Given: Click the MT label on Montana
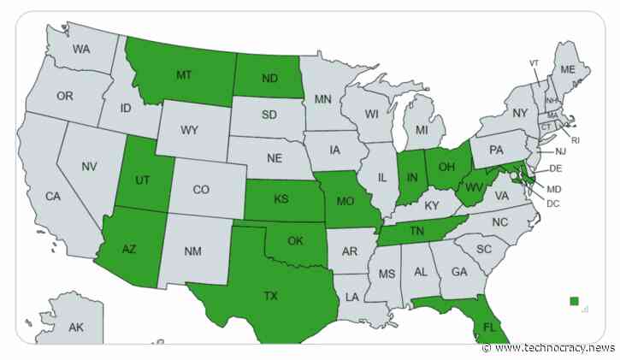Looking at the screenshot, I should click(183, 76).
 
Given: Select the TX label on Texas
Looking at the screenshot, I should click(270, 296).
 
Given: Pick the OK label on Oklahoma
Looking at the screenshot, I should click(295, 241).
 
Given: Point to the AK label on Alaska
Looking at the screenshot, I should click(75, 328).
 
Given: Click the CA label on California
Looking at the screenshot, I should click(53, 197).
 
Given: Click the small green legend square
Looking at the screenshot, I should click(575, 300).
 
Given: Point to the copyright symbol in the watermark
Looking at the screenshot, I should click(487, 349).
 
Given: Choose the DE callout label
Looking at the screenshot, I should click(555, 169).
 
